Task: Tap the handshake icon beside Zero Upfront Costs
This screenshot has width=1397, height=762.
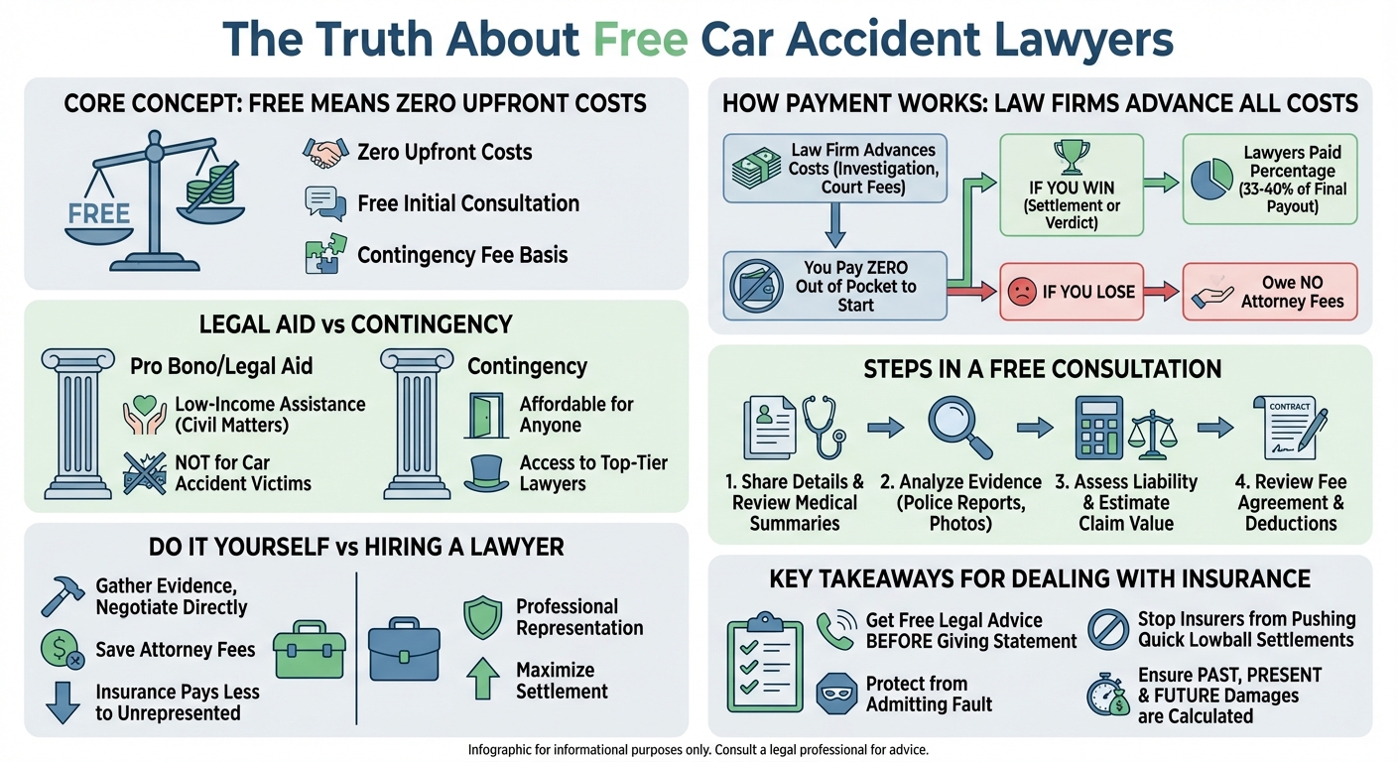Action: coord(323,152)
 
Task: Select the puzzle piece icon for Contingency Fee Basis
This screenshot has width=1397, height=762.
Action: coord(323,253)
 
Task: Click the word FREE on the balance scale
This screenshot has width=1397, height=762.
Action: coord(99,212)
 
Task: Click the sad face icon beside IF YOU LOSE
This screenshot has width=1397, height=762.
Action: coord(1021,292)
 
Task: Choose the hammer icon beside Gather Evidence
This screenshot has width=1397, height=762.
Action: coord(62,595)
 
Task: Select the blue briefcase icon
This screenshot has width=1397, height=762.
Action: coord(404,650)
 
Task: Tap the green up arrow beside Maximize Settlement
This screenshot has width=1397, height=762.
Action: coord(483,681)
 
